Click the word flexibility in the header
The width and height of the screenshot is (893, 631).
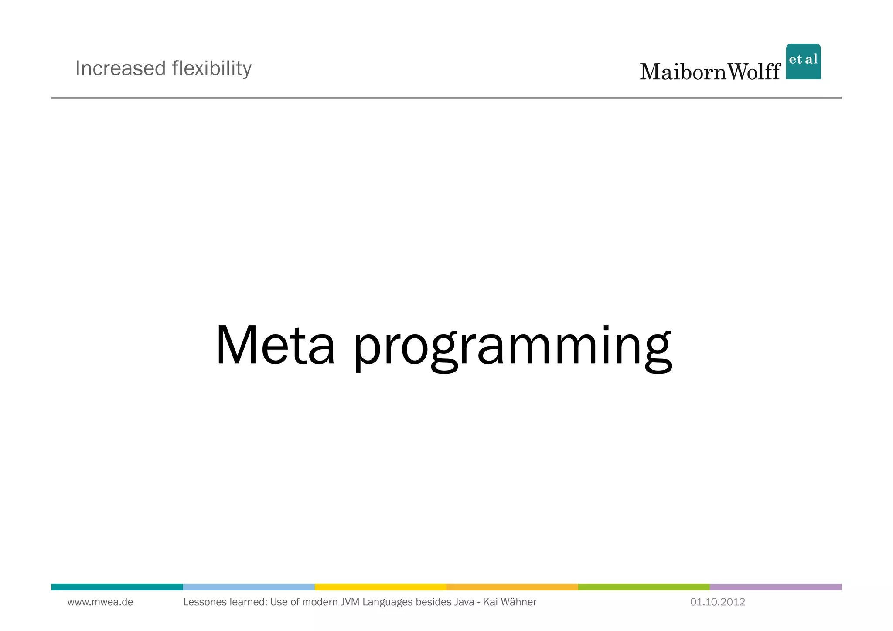(x=211, y=68)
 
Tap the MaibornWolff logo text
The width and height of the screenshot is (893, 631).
(x=710, y=72)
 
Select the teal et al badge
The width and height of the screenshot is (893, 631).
(x=803, y=61)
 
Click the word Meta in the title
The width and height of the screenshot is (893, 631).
(x=275, y=345)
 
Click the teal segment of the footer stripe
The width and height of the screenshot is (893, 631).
(x=117, y=587)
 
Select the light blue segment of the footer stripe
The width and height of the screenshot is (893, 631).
(x=249, y=587)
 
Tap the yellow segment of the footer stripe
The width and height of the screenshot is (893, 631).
(x=380, y=587)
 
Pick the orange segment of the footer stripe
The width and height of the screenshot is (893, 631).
(x=512, y=587)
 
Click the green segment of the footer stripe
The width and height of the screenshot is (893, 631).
(x=644, y=587)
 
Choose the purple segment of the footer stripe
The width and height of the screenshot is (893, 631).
(x=775, y=587)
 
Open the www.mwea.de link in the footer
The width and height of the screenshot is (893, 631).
(x=100, y=602)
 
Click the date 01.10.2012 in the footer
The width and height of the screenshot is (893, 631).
(x=717, y=602)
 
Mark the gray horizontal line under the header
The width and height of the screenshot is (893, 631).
(x=446, y=98)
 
